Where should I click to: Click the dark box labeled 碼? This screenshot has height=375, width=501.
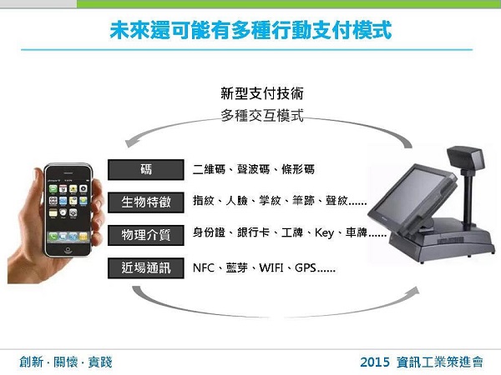point(145,170)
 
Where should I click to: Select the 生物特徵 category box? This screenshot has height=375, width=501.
point(145,202)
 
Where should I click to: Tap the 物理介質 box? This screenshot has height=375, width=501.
point(145,235)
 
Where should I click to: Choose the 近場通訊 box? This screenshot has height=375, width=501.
point(145,267)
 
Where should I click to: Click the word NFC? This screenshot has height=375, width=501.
point(204,267)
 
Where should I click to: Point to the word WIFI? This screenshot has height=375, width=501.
point(271,267)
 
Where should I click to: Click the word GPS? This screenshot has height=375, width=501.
point(306,267)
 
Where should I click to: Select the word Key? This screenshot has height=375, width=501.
point(324,232)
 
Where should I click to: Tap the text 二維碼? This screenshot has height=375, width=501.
point(209,169)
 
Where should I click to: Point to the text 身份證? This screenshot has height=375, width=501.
point(209,232)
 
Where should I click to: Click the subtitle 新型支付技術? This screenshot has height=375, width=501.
point(262,93)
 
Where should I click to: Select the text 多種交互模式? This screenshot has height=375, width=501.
point(262,115)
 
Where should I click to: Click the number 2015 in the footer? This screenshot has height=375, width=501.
point(375,362)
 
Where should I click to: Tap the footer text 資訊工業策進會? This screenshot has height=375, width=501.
point(440,362)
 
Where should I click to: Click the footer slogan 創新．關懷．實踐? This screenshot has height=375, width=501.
point(66,362)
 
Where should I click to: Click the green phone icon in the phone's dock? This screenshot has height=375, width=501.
point(53,237)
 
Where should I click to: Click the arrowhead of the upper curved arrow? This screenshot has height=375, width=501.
point(129,142)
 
